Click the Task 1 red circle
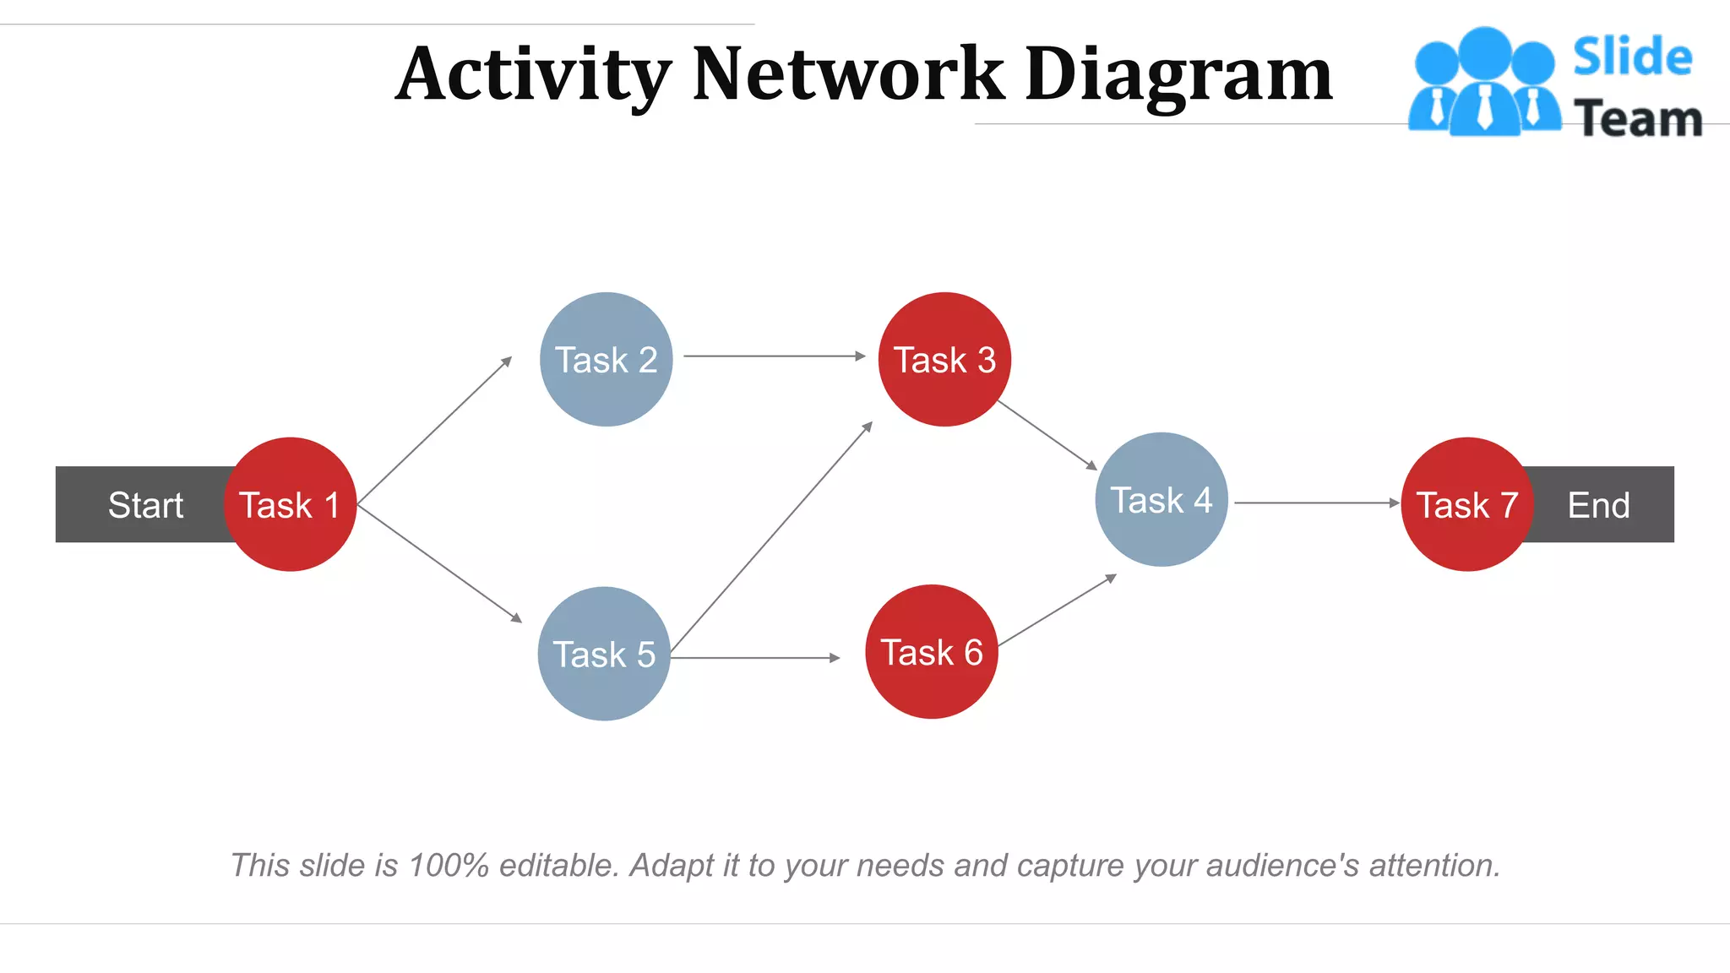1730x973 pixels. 290,504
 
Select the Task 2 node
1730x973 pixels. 606,359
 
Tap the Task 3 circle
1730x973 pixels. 944,359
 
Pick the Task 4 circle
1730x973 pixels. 1161,499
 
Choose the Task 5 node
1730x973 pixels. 604,654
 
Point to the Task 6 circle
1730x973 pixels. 932,651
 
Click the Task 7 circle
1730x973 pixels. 1467,504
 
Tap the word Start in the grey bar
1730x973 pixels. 145,505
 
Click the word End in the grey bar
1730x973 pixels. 1598,505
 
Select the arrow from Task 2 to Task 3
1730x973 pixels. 774,356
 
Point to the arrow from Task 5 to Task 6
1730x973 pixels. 755,657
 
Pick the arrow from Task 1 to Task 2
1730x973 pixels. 435,431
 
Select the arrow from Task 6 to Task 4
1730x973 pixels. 1057,611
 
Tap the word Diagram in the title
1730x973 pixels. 1178,76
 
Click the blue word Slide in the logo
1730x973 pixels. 1632,57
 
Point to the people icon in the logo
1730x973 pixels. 1484,82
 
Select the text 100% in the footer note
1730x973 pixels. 448,866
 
